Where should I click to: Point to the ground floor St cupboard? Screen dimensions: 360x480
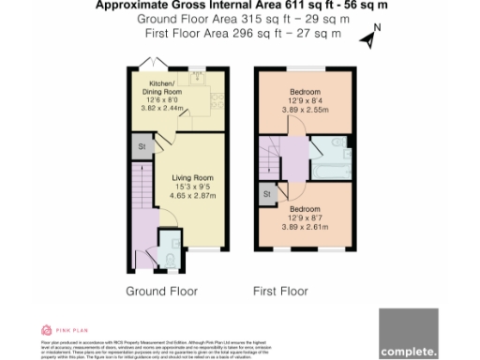[142, 148]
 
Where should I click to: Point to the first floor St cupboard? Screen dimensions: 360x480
[268, 194]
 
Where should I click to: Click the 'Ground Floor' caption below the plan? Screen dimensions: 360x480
[162, 292]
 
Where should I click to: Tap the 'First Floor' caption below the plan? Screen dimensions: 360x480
[280, 292]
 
